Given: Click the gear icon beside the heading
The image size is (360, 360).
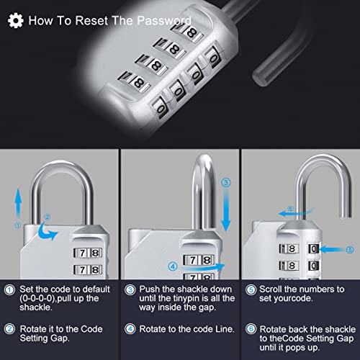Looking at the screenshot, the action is pyautogui.click(x=16, y=21).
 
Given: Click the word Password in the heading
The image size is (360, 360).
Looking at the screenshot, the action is pyautogui.click(x=164, y=20).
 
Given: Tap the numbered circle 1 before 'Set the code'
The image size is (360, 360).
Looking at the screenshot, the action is pyautogui.click(x=10, y=290).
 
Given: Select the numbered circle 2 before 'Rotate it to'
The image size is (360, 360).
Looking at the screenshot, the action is pyautogui.click(x=10, y=329).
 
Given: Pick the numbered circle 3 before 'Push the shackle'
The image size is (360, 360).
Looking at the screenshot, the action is pyautogui.click(x=130, y=290).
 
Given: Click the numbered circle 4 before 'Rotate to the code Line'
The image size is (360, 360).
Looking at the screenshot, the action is pyautogui.click(x=130, y=329).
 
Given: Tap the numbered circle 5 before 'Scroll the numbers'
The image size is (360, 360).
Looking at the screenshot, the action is pyautogui.click(x=251, y=290).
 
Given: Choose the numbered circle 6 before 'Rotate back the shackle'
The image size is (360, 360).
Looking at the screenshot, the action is pyautogui.click(x=251, y=329).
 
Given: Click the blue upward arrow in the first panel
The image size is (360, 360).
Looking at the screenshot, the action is pyautogui.click(x=18, y=204).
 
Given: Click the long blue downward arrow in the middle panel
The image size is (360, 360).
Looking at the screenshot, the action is pyautogui.click(x=225, y=211).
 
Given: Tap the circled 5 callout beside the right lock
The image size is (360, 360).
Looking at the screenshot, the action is pyautogui.click(x=350, y=250).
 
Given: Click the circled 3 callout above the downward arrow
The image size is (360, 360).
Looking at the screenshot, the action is pyautogui.click(x=225, y=183).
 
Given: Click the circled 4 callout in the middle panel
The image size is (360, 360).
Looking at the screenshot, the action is pyautogui.click(x=173, y=266).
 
